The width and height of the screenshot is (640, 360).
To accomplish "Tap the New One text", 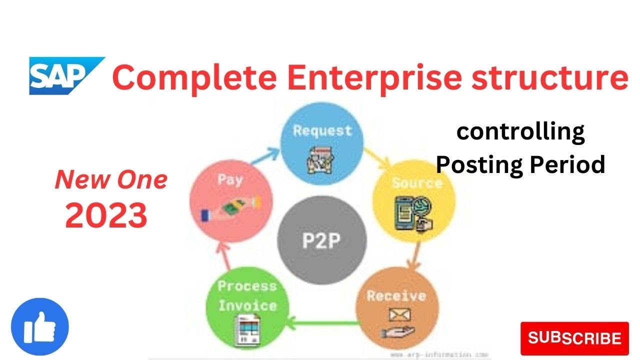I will pos(110,179).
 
